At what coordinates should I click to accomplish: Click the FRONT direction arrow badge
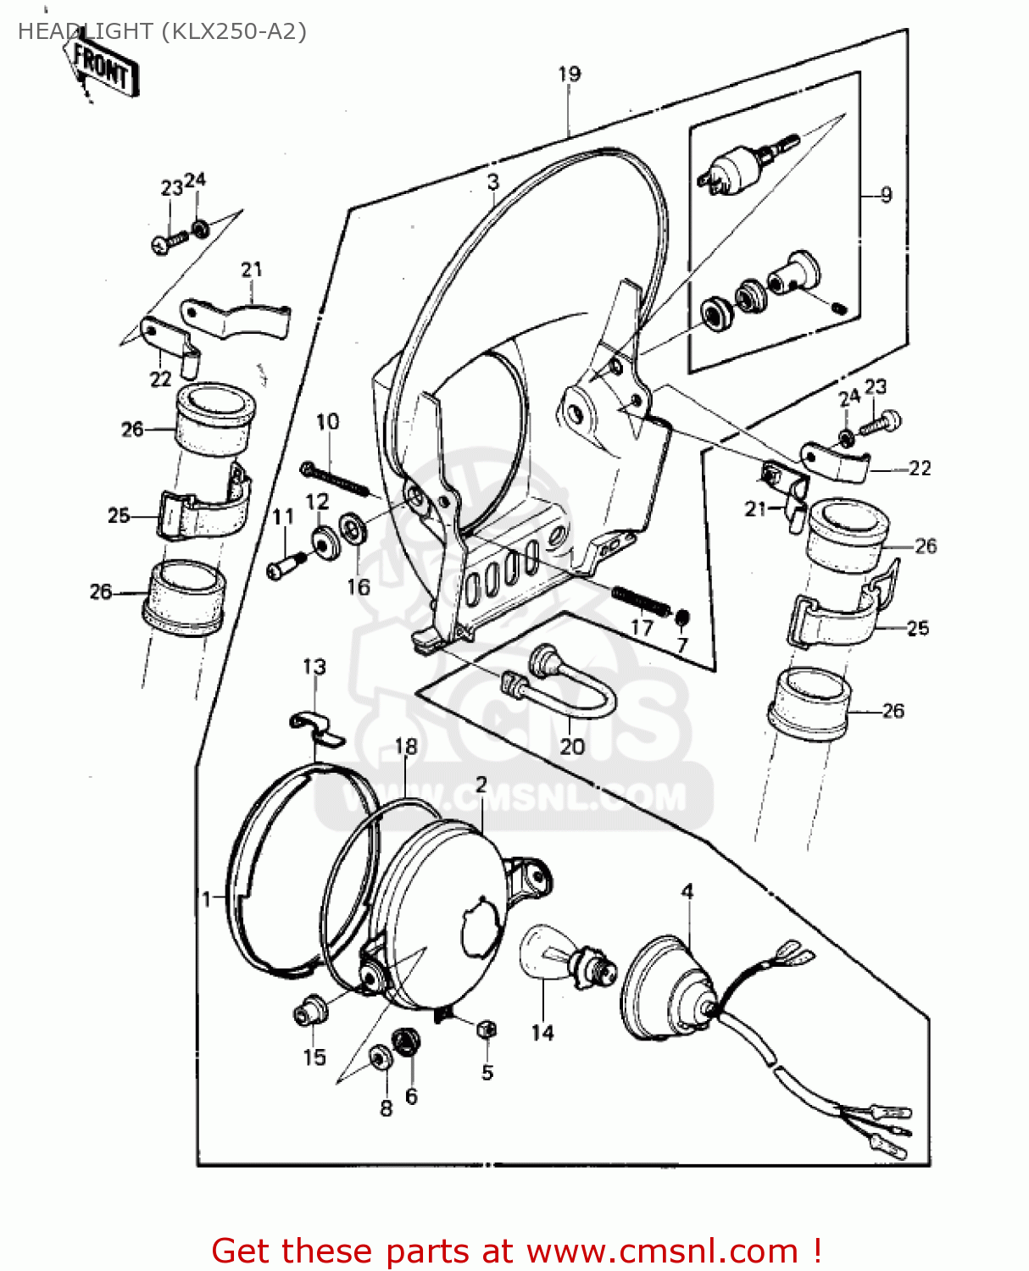pos(102,68)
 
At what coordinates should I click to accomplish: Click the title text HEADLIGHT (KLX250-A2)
pos(162,31)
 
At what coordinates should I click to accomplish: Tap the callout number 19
pos(570,74)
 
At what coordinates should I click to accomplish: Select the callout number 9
pos(886,195)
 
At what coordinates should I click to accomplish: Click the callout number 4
pos(687,891)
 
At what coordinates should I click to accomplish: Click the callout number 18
pos(406,747)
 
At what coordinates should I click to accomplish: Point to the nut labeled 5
pos(487,1030)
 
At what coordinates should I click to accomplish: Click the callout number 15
pos(314,1057)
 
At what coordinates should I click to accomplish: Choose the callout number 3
pos(493,181)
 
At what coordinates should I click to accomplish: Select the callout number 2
pos(481,785)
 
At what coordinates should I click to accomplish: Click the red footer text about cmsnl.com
pos(515,1251)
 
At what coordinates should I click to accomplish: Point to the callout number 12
pos(317,502)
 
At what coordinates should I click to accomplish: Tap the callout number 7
pos(682,646)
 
